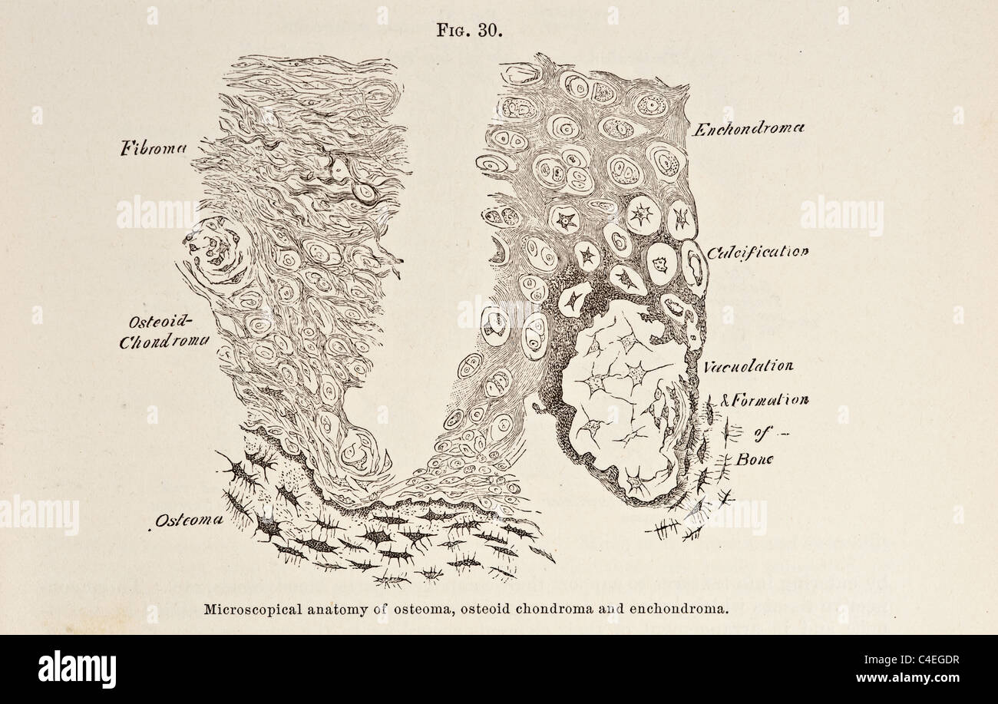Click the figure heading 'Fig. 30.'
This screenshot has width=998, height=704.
point(469,31)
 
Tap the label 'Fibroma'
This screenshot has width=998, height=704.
point(154,148)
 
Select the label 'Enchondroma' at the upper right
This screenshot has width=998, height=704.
point(748,130)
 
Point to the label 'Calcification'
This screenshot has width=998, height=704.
point(757,252)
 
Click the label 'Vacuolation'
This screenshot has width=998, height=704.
point(748,366)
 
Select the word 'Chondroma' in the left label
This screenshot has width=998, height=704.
point(164,342)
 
